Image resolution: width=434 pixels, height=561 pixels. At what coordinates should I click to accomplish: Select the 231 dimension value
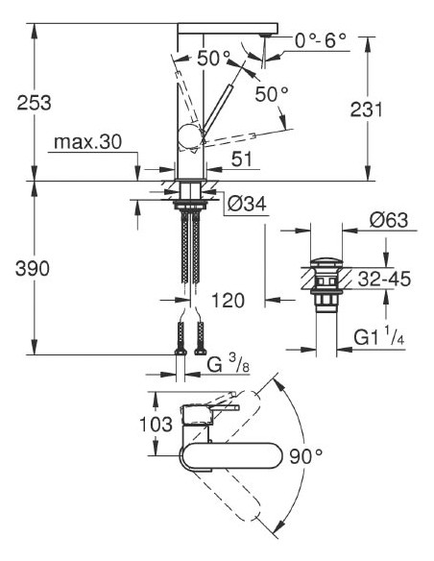398,110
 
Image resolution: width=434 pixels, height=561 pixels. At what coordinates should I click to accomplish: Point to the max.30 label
87,142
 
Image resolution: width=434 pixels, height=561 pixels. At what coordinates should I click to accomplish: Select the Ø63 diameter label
389,221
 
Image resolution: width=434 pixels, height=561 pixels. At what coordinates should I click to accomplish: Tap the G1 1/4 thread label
379,338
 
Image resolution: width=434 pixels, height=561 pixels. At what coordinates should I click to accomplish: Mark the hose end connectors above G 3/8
188,336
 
